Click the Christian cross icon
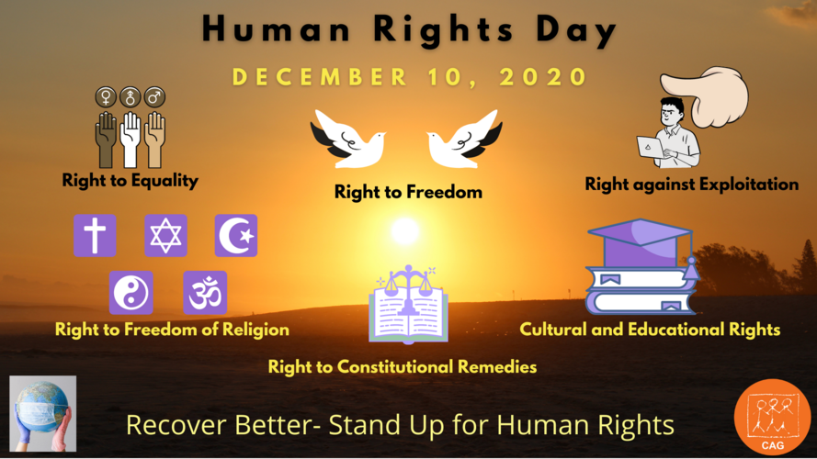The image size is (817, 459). tap(95, 235)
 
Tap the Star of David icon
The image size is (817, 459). tap(165, 235)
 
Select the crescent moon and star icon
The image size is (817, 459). tap(236, 235)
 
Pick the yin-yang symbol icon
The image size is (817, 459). tap(130, 293)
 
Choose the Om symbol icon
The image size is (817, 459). tap(204, 293)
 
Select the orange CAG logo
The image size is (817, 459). tap(772, 416)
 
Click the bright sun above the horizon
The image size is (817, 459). tap(404, 231)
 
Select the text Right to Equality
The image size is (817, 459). tap(130, 180)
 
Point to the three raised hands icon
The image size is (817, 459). tap(130, 138)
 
